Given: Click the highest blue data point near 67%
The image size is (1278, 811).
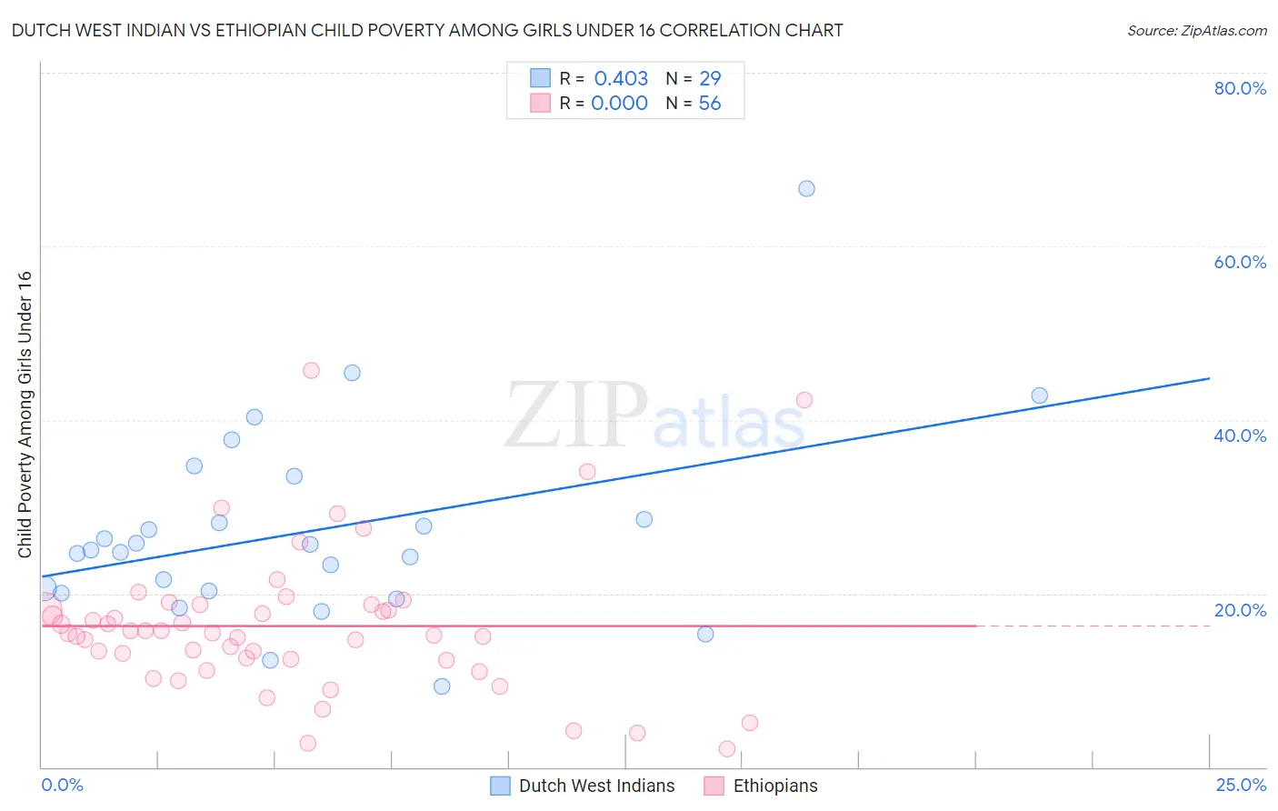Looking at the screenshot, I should click(x=806, y=189).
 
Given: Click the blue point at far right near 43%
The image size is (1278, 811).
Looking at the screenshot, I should click(x=1039, y=395).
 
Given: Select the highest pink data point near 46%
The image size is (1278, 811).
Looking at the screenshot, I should click(x=311, y=370).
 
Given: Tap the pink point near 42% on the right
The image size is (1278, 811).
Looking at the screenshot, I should click(x=804, y=400).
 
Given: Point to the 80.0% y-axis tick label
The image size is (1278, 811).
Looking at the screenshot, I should click(x=1240, y=88).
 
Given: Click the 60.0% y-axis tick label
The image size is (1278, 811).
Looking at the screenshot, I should click(x=1240, y=262).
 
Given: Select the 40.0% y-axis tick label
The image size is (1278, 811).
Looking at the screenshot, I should click(x=1240, y=436).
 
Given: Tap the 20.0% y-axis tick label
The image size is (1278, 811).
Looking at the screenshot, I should click(x=1240, y=610).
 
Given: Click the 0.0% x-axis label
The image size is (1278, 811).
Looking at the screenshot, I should click(x=62, y=785).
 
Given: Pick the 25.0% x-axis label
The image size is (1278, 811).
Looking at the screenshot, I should click(x=1241, y=785).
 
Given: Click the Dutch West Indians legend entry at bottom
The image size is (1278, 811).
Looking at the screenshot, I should click(x=596, y=786).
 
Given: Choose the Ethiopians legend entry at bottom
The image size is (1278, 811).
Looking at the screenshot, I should click(x=774, y=786).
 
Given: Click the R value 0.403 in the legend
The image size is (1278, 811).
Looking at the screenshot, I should click(x=621, y=78).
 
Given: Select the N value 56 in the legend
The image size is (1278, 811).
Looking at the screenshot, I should click(x=709, y=104).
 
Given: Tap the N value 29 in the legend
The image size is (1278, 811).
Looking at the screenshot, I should click(x=709, y=78).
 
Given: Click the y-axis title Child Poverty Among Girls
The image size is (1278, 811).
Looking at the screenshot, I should click(x=25, y=415).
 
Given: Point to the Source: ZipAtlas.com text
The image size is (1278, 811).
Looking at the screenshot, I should click(x=1196, y=31).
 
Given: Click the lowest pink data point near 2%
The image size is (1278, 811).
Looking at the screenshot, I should click(x=726, y=748).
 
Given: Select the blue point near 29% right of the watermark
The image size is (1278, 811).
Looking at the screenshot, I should click(x=644, y=519).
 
